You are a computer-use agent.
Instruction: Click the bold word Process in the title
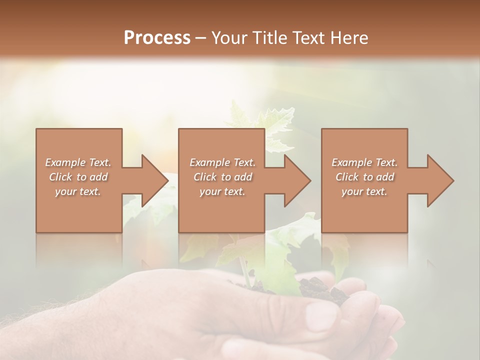point(157,37)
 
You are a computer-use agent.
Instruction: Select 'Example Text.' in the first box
point(78,162)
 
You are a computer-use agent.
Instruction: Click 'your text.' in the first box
point(78,191)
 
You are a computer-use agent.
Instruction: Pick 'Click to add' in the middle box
point(222,177)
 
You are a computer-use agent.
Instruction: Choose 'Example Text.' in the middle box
point(222,162)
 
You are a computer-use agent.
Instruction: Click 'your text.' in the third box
point(364,191)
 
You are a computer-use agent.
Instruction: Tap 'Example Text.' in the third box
point(364,162)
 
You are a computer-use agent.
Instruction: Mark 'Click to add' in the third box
point(364,177)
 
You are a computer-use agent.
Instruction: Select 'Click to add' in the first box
point(78,177)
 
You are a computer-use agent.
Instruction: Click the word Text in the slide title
point(309,37)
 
